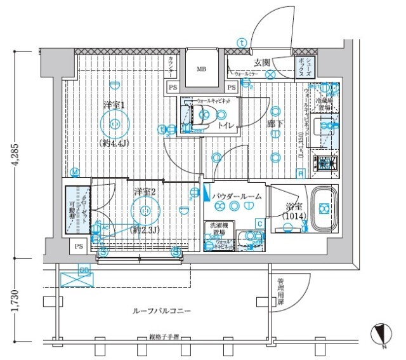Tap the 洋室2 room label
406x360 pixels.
tap(145, 192)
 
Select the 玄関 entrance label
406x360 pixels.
tap(263, 62)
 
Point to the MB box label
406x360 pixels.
tap(201, 69)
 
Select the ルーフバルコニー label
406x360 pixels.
tap(162, 310)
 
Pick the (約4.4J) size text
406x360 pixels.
tap(115, 143)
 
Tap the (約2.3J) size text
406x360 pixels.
tap(145, 230)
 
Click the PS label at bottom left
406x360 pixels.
tap(78, 246)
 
